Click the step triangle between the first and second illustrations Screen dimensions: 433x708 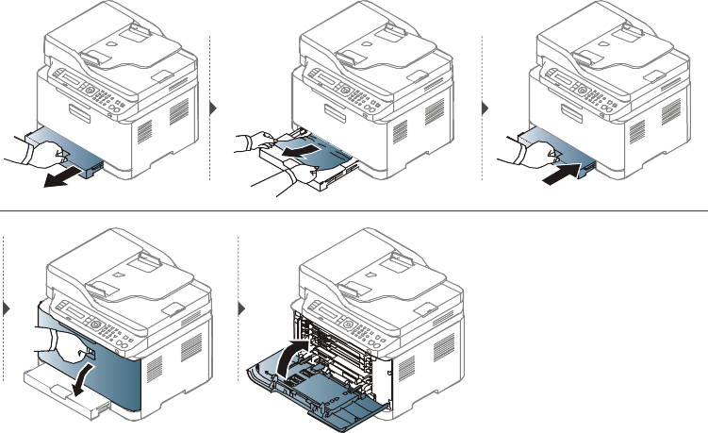click(212, 108)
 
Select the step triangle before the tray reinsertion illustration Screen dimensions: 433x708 click(486, 108)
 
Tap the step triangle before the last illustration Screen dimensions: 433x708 click(241, 308)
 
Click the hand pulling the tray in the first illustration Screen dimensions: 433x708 click(28, 156)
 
